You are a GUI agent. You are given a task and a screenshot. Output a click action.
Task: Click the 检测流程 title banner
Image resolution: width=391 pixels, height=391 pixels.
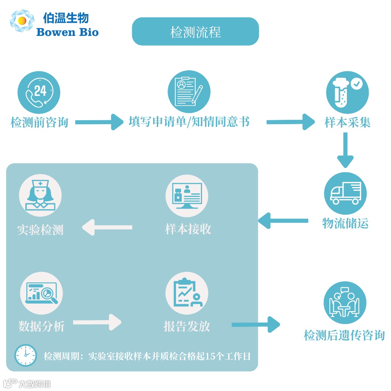[x=195, y=32]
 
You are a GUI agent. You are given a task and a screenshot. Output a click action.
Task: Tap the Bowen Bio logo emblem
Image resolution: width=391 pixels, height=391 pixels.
[x=22, y=21]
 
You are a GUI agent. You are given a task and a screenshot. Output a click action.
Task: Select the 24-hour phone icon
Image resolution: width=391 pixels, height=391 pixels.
[x=39, y=92]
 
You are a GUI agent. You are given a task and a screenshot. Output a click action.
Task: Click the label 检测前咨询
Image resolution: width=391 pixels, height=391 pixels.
[x=39, y=122]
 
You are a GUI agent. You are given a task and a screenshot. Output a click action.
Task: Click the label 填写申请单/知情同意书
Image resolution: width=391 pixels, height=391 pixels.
[x=189, y=122]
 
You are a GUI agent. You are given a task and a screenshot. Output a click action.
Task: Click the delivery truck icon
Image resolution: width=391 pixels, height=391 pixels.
[x=345, y=193]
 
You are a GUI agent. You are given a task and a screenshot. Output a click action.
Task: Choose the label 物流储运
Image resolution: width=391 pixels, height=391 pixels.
[x=345, y=223]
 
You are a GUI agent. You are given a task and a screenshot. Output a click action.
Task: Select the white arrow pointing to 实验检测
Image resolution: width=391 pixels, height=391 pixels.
[x=107, y=228]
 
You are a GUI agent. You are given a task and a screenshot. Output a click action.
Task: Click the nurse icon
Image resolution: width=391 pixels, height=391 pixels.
[x=40, y=195]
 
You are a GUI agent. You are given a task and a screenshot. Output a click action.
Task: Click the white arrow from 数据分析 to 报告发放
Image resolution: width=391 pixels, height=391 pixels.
[x=97, y=322]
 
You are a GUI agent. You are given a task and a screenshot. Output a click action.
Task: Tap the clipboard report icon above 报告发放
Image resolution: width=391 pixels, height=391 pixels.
[x=187, y=293]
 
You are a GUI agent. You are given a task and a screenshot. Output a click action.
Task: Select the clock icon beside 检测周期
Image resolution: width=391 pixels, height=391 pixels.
[x=26, y=355]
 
